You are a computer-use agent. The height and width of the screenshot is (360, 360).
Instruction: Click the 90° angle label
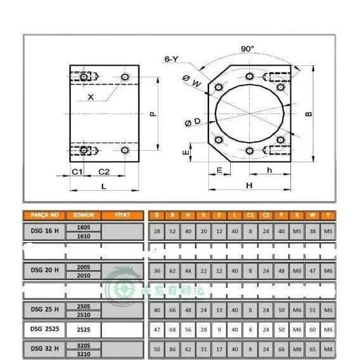(x=247, y=48)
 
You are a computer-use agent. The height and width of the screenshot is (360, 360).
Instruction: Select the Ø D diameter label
(x=193, y=121)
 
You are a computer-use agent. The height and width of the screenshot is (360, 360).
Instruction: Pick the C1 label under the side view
(x=77, y=172)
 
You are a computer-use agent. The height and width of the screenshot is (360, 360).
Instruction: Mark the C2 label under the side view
(x=105, y=172)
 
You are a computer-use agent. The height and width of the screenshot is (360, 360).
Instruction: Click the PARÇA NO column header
(x=44, y=215)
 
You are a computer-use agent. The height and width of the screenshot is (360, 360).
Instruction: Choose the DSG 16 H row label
(x=44, y=231)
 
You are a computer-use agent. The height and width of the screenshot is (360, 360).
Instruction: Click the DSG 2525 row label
(x=44, y=330)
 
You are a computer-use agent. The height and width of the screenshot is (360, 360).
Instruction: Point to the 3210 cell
(x=83, y=353)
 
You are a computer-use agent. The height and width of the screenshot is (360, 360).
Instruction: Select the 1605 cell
(x=83, y=227)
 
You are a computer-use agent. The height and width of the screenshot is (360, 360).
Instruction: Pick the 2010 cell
(x=83, y=276)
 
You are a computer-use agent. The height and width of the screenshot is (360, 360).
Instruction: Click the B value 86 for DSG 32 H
(x=172, y=349)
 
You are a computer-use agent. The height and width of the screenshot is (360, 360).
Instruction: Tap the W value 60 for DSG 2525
(x=312, y=330)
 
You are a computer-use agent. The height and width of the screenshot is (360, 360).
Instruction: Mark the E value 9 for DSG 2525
(x=219, y=330)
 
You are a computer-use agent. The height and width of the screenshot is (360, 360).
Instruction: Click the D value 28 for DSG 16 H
(x=157, y=231)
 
